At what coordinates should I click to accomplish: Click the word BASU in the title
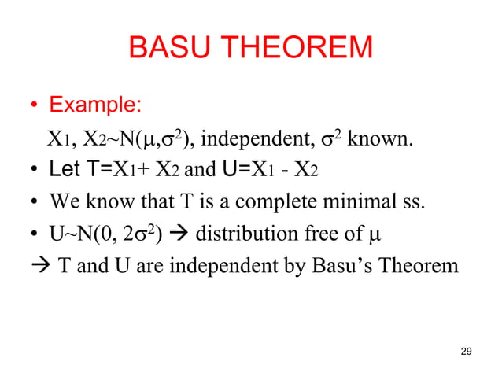[x=163, y=49]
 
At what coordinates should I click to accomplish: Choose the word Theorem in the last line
[x=415, y=267]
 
